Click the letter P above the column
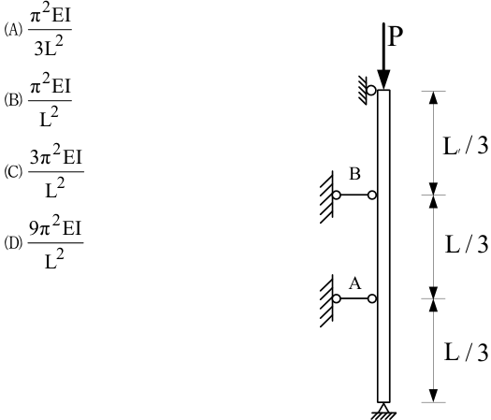[x=396, y=36]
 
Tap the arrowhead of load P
[x=383, y=80]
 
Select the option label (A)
[x=13, y=30]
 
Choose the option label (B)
[x=13, y=100]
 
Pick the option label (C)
[x=13, y=171]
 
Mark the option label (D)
[x=13, y=243]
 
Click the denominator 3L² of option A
[x=49, y=47]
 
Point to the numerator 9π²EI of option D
[x=55, y=226]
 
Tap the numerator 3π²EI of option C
[x=55, y=155]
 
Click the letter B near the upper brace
[x=354, y=174]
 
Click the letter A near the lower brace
[x=355, y=283]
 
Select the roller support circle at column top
[x=371, y=91]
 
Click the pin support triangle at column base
[x=383, y=408]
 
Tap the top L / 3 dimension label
[x=466, y=146]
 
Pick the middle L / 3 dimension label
[x=467, y=244]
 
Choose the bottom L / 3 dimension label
[x=466, y=352]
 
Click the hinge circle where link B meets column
[x=372, y=196]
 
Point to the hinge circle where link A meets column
[x=372, y=298]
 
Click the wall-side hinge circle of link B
[x=337, y=196]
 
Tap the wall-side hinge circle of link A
[x=337, y=298]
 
